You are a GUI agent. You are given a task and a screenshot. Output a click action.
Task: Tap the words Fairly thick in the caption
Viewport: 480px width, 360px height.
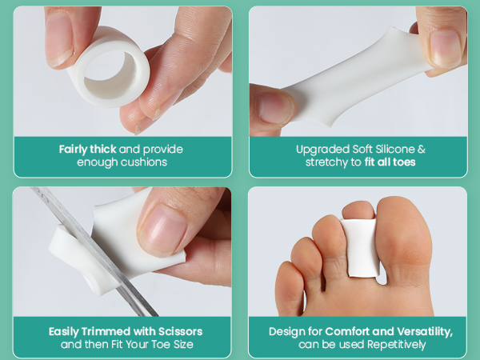87,149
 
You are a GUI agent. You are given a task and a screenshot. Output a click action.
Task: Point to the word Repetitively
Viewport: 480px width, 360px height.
391,345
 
